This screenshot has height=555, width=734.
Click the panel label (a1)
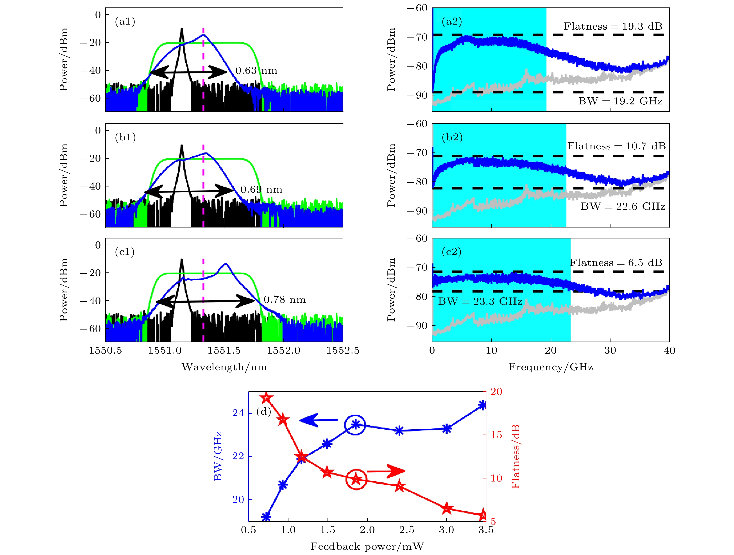[x=125, y=22]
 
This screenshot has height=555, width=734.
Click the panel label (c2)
[x=452, y=252]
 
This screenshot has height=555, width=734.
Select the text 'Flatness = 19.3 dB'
[x=613, y=27]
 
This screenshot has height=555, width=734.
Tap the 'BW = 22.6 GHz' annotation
[x=623, y=207]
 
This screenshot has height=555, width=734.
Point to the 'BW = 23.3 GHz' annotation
[x=480, y=302]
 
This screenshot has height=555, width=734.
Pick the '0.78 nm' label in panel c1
[x=284, y=300]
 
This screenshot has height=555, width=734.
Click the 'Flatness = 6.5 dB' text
[x=616, y=263]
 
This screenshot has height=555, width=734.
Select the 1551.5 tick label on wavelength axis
[x=224, y=351]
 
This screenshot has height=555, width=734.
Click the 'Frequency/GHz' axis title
[x=551, y=367]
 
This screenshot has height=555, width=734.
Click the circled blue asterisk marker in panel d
[x=355, y=425]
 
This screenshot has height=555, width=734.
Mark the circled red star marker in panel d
[x=356, y=479]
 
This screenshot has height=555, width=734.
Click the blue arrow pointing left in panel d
[x=318, y=420]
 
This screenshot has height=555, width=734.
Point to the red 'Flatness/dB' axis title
[x=515, y=457]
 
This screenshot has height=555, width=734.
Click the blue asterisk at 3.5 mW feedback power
[x=483, y=405]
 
